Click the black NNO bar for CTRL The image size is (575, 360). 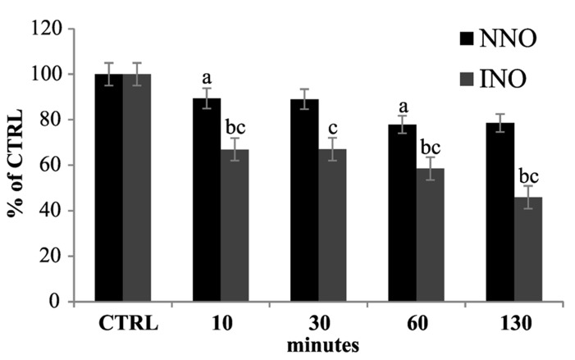coord(108,188)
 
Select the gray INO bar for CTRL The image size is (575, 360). coord(137,188)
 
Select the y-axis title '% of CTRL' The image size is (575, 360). coord(16,164)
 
